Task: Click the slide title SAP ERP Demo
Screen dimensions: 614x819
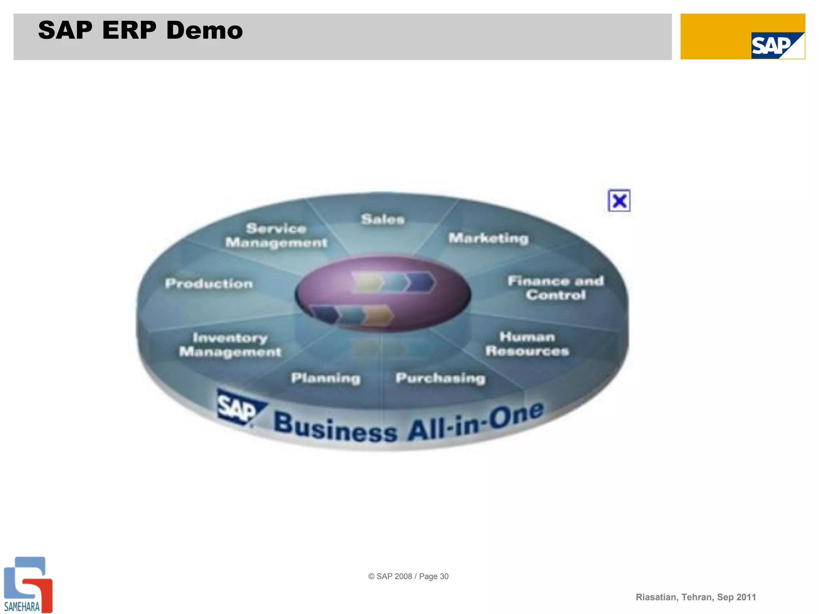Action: (x=140, y=30)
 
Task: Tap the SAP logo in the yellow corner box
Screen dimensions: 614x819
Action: (x=777, y=46)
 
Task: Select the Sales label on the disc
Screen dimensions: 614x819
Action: (x=383, y=219)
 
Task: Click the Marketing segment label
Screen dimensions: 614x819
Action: (x=488, y=238)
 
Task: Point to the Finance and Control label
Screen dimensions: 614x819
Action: (x=555, y=288)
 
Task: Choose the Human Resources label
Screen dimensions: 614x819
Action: (x=527, y=344)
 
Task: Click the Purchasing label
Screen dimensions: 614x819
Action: (x=440, y=378)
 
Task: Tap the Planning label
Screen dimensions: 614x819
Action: (x=326, y=378)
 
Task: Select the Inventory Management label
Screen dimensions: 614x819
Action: (x=230, y=345)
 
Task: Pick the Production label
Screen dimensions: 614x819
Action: (x=209, y=283)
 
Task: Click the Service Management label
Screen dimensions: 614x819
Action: (x=276, y=235)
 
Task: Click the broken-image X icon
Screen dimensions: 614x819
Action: (x=619, y=201)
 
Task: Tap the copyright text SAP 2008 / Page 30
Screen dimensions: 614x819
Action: (x=408, y=576)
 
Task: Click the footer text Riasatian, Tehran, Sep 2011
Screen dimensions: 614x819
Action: (x=695, y=597)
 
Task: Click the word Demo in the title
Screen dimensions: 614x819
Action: (x=204, y=30)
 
